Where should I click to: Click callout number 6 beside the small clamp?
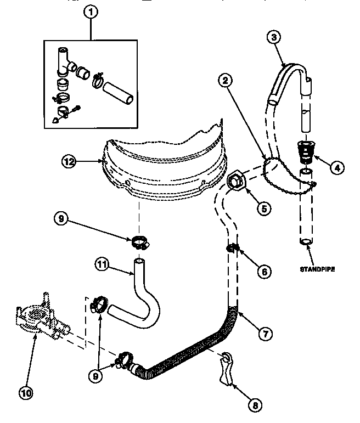click(x=264, y=270)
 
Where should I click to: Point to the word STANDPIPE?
click(x=318, y=269)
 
